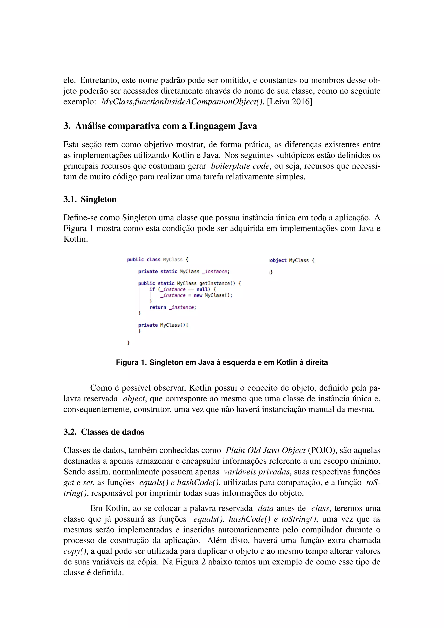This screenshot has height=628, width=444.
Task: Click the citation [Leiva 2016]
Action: (289, 101)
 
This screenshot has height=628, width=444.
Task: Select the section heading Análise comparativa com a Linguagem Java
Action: (166, 126)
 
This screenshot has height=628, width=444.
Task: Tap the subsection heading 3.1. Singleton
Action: (90, 199)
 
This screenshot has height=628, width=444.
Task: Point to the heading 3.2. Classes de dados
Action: (104, 432)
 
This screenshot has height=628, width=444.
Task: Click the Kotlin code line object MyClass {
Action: (292, 260)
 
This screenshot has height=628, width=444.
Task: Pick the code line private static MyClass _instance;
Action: (184, 271)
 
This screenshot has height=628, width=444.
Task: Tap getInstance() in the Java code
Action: (217, 284)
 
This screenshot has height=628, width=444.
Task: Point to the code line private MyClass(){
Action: (163, 325)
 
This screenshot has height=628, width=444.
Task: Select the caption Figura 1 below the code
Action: (222, 362)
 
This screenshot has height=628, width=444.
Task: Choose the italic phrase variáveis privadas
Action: (256, 472)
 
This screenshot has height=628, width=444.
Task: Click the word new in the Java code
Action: (198, 295)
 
